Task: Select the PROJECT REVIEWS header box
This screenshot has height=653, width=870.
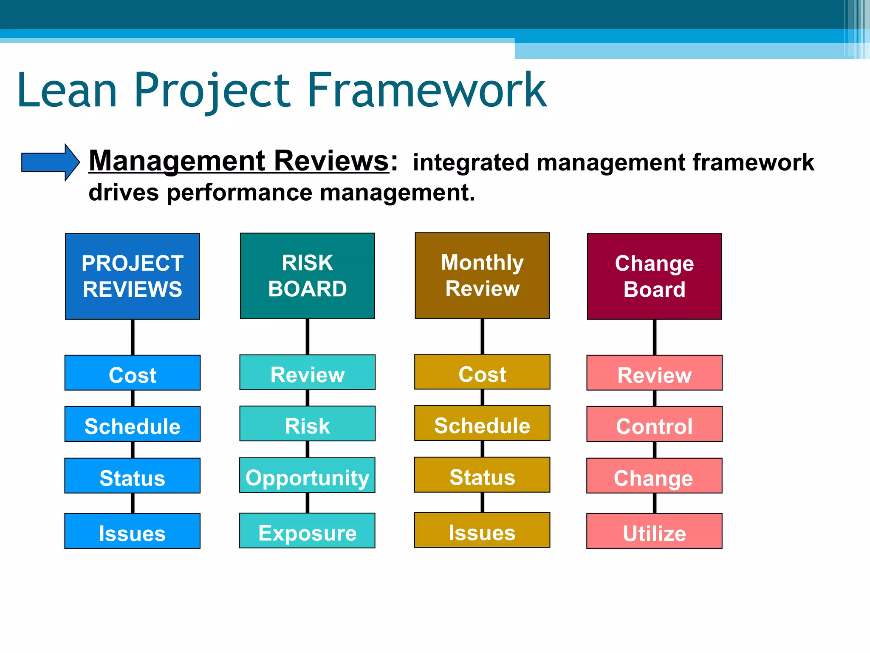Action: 133,276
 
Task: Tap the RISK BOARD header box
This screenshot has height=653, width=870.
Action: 307,276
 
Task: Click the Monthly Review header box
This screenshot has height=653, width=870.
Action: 482,275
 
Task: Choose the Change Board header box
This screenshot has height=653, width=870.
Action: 654,276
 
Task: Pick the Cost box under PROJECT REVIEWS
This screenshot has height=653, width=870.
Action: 133,373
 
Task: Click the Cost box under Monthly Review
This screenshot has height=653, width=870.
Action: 482,372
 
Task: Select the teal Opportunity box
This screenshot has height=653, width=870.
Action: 307,475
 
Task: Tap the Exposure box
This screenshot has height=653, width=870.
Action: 307,531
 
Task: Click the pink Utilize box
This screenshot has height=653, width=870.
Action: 654,531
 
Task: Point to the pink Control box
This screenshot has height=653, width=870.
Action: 654,424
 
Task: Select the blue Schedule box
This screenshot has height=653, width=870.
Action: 133,424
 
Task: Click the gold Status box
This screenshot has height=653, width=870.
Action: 482,475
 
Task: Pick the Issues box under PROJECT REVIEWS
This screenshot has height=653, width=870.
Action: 133,531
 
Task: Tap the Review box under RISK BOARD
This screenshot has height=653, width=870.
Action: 307,372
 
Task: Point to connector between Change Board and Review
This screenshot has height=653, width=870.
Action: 654,337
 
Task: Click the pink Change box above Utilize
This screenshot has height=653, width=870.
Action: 654,476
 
